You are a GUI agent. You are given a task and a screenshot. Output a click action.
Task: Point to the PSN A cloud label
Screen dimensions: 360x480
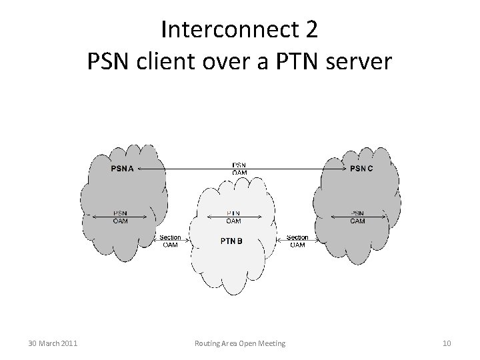pos(122,168)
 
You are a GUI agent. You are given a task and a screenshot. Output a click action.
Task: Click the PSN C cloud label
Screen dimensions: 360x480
pos(361,168)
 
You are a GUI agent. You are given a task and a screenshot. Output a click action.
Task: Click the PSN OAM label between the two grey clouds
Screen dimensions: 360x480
pos(239,169)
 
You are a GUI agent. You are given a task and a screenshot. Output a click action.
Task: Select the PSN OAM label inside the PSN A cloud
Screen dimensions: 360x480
pos(120,217)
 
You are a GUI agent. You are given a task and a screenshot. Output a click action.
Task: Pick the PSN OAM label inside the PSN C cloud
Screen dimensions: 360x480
pos(358,217)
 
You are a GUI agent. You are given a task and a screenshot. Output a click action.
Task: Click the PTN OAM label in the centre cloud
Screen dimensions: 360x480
pos(234,217)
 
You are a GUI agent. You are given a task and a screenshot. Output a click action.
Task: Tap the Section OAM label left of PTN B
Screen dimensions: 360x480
pos(170,241)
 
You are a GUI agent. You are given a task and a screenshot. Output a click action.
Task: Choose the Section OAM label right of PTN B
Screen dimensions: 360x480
pos(297,241)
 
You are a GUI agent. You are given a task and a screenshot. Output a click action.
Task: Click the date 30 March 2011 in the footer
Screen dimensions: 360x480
pos(53,343)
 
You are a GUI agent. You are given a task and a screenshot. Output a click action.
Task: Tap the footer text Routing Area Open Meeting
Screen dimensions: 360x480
pos(240,343)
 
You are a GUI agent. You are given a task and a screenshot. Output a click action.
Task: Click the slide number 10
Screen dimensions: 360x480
pos(447,343)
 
